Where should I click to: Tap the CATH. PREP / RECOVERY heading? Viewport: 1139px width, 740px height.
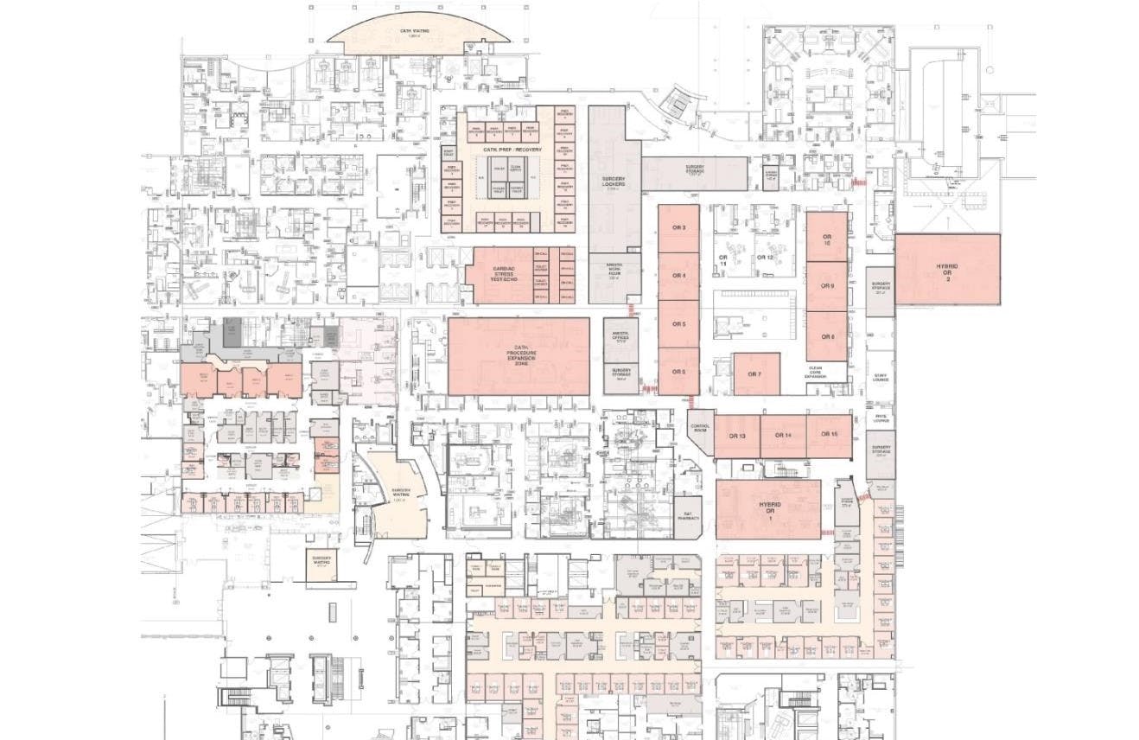click(x=512, y=150)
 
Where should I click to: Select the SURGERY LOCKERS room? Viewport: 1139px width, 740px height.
click(x=614, y=182)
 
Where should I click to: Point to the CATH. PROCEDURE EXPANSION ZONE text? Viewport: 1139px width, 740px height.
click(x=519, y=354)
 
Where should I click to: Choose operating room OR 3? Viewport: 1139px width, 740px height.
click(x=678, y=227)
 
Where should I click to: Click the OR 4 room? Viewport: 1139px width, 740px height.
click(x=678, y=276)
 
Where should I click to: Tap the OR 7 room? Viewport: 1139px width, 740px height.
click(x=755, y=374)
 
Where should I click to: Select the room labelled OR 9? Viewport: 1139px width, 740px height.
click(x=827, y=285)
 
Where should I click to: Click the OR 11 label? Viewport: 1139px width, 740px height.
click(x=723, y=260)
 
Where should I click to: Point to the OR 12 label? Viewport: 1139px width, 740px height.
click(x=764, y=258)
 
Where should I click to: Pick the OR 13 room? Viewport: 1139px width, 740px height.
click(x=736, y=436)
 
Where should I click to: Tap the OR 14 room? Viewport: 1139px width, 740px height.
click(x=783, y=435)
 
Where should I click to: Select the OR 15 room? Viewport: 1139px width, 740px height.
click(x=829, y=434)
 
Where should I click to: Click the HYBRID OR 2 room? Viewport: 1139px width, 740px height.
click(x=947, y=271)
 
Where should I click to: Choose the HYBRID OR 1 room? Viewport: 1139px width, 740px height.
click(x=768, y=508)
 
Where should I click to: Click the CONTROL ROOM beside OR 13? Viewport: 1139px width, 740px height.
click(x=700, y=427)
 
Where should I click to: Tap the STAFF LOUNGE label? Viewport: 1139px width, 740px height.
click(x=880, y=377)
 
